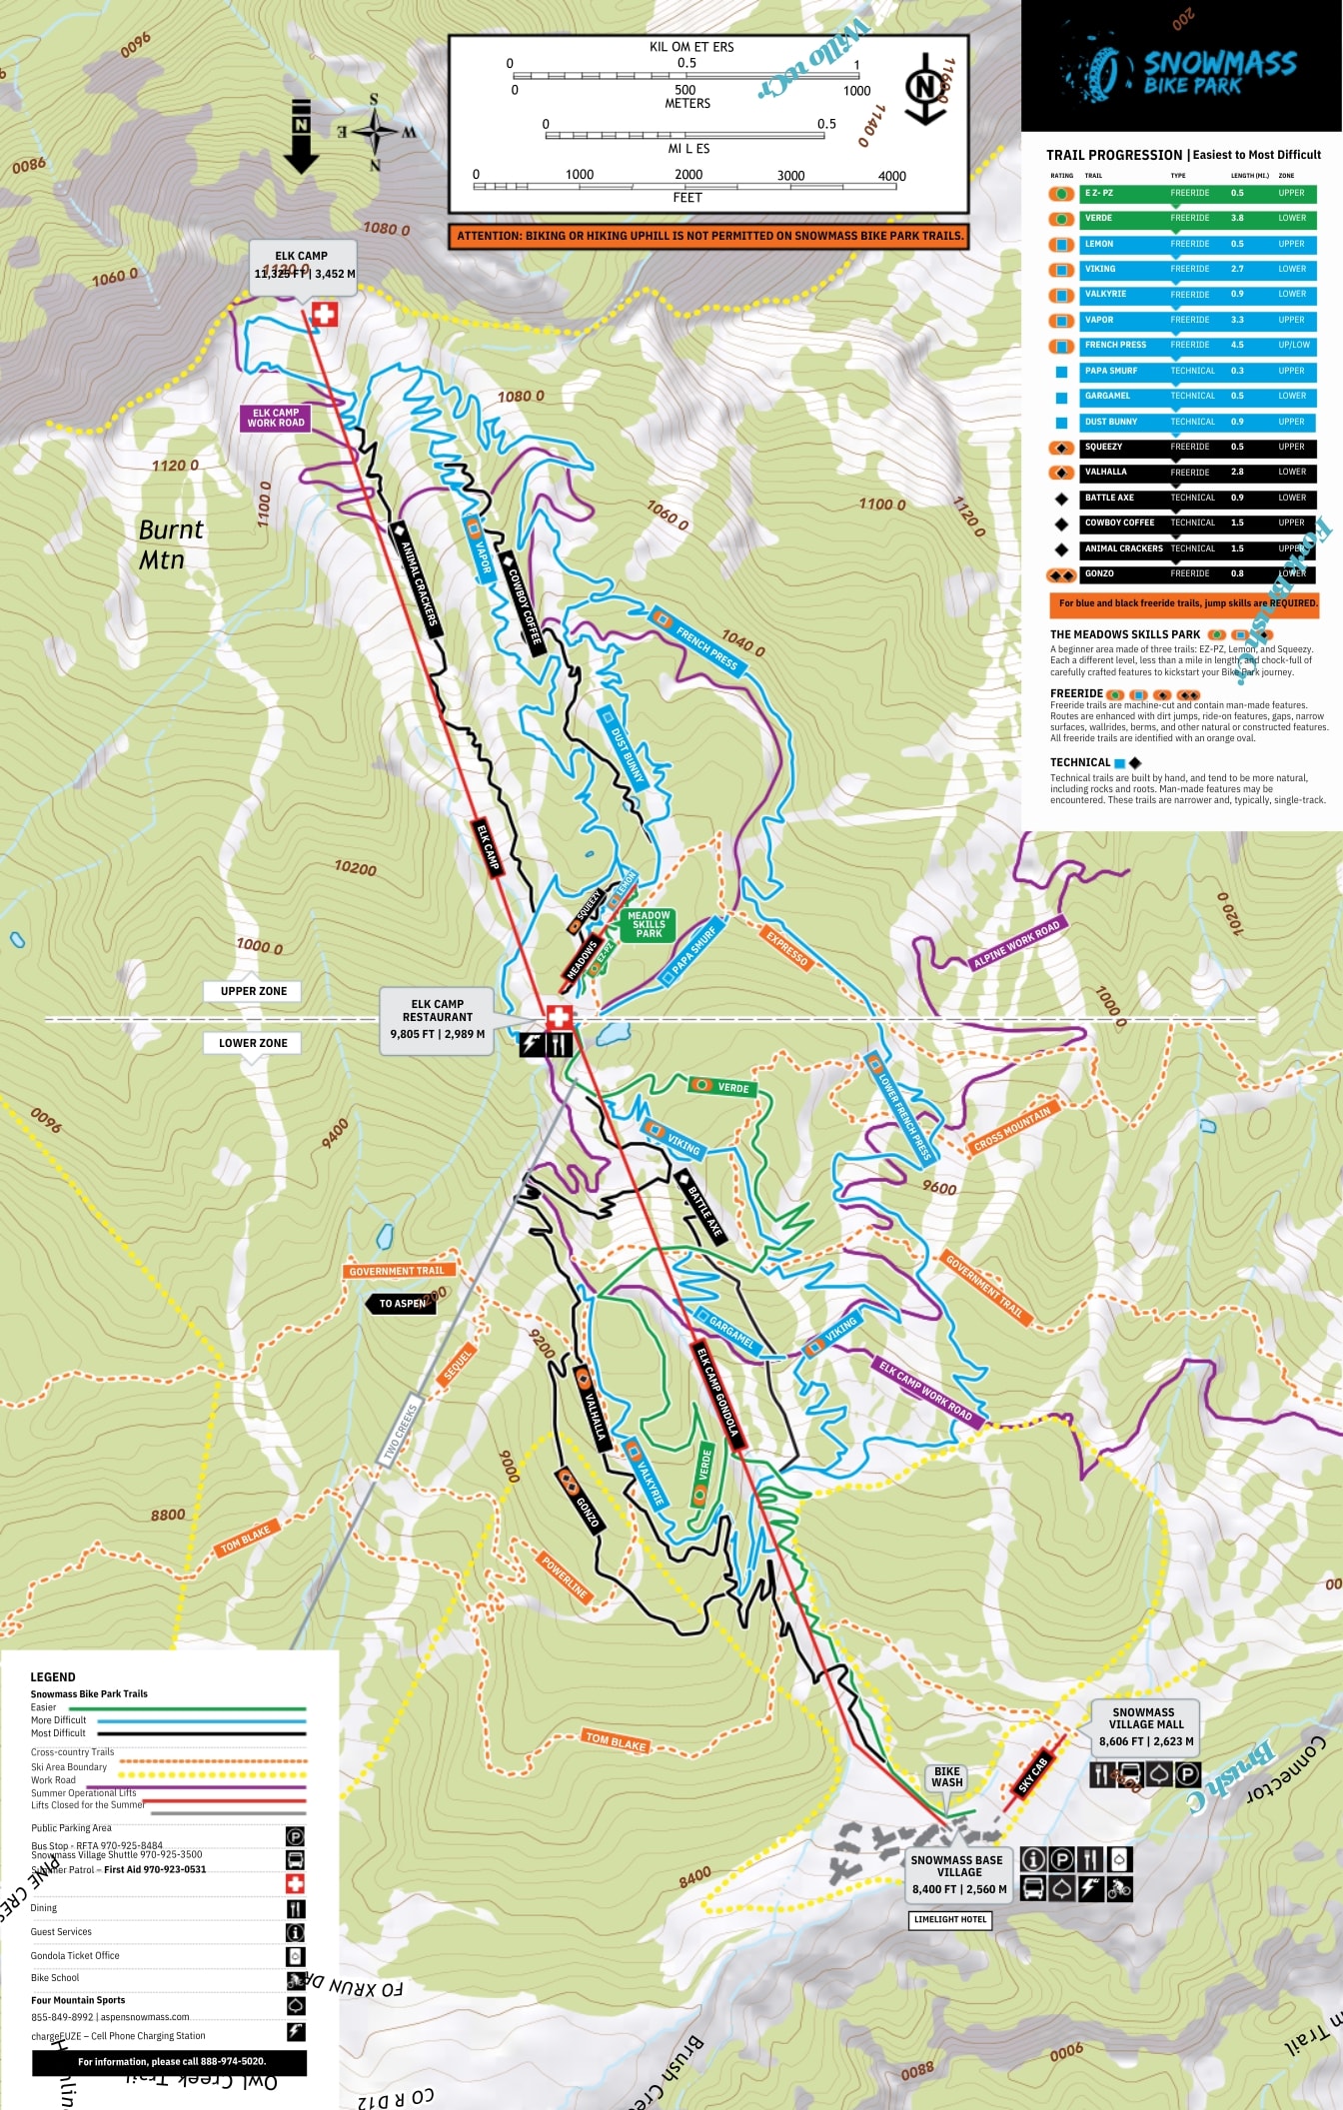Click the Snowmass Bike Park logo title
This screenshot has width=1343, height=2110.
tap(1218, 73)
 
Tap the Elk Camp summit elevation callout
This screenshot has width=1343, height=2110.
tap(302, 266)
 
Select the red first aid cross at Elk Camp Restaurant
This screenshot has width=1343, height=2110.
tap(560, 1018)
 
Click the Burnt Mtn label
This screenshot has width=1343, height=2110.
tap(170, 544)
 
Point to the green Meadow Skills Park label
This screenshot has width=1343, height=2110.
tap(649, 924)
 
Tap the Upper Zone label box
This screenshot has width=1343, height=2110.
tap(254, 991)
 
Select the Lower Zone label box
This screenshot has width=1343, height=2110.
tap(253, 1043)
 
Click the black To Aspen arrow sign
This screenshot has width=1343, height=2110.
tap(402, 1304)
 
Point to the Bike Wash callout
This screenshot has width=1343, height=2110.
tap(946, 1776)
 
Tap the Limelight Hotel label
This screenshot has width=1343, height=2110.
tap(950, 1919)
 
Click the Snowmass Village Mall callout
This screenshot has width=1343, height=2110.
tap(1145, 1726)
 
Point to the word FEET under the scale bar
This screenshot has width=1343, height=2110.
tap(687, 198)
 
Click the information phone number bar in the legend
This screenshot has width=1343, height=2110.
tap(170, 2061)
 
